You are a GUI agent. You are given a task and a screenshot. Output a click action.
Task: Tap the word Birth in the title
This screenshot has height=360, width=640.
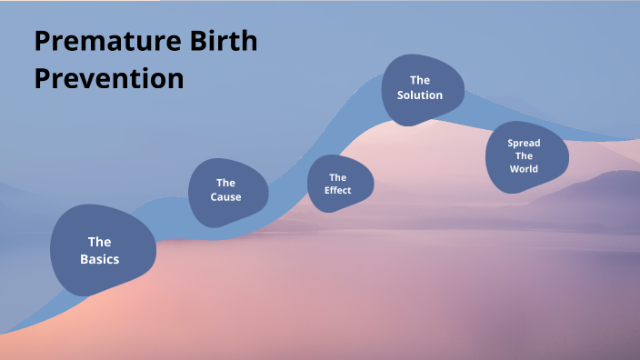pyautogui.click(x=225, y=42)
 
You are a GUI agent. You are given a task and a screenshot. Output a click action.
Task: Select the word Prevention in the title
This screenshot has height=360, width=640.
pyautogui.click(x=109, y=78)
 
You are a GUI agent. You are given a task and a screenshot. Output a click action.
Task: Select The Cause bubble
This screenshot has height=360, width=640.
pyautogui.click(x=228, y=191)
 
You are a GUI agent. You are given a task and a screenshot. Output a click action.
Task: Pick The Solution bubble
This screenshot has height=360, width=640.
pyautogui.click(x=422, y=88)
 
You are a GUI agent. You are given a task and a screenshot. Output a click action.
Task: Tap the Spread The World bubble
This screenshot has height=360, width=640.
pyautogui.click(x=525, y=157)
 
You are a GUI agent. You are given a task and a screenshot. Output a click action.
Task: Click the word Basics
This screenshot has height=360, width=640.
pyautogui.click(x=99, y=259)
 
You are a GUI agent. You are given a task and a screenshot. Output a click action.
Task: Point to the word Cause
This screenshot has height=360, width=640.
pyautogui.click(x=225, y=197)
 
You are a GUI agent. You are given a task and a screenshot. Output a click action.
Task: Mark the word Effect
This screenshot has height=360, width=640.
pyautogui.click(x=337, y=191)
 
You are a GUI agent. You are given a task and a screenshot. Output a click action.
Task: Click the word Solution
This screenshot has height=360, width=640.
pyautogui.click(x=420, y=95)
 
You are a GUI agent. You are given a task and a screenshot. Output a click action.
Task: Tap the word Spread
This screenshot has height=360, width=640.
pyautogui.click(x=524, y=144)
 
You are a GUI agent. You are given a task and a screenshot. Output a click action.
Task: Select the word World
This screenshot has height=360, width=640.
pyautogui.click(x=524, y=169)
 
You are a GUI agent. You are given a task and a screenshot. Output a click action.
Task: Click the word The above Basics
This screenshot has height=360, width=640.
pyautogui.click(x=99, y=242)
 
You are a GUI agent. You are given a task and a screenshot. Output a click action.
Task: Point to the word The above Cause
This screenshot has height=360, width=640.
pyautogui.click(x=225, y=183)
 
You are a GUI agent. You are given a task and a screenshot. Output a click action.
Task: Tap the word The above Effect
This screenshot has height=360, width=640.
pyautogui.click(x=337, y=177)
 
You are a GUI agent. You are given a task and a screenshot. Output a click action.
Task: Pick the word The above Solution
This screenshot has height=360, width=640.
pyautogui.click(x=420, y=80)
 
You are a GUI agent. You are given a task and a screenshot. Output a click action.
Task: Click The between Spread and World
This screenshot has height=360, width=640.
pyautogui.click(x=524, y=156)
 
